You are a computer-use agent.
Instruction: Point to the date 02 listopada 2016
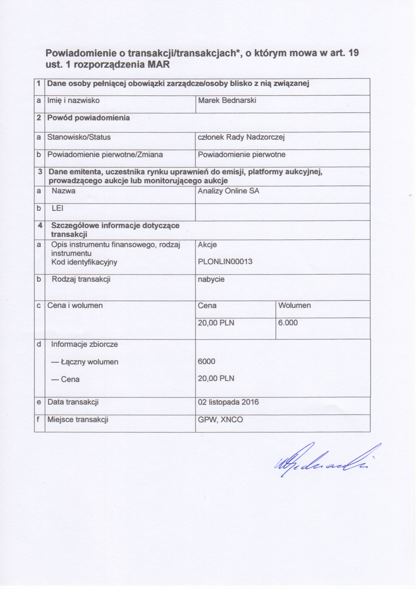click(228, 402)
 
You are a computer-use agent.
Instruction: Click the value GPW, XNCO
click(220, 420)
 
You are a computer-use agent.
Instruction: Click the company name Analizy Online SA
click(228, 191)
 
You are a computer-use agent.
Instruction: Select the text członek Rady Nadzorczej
click(241, 137)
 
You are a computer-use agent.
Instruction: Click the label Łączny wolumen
click(85, 362)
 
